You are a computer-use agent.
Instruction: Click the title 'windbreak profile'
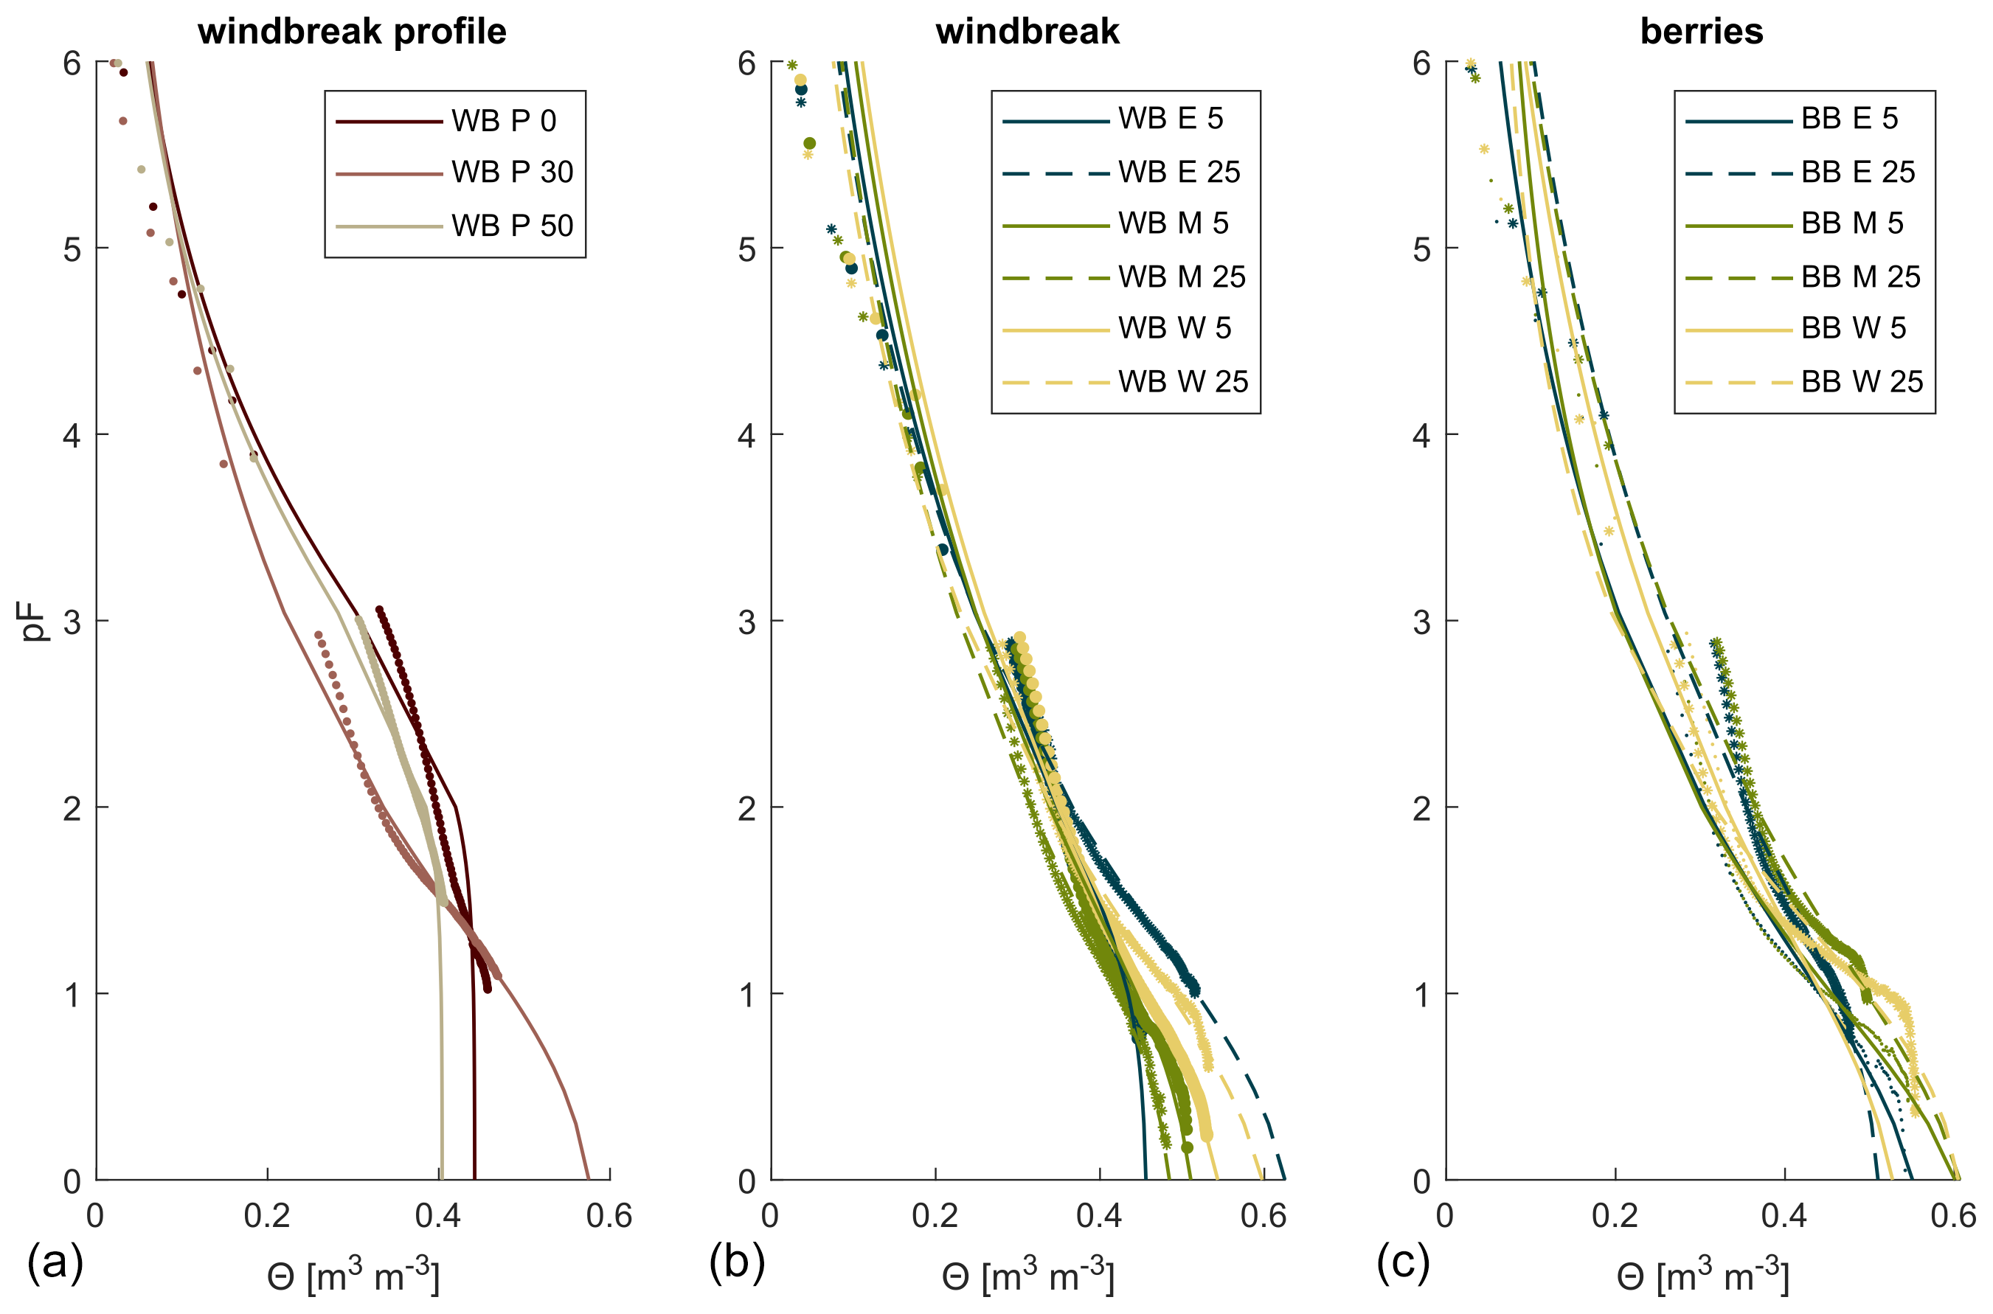coord(352,32)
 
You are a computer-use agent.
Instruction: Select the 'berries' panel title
coord(1702,32)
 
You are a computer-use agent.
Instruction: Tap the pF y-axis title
coord(33,621)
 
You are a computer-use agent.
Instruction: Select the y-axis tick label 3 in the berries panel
coord(1421,622)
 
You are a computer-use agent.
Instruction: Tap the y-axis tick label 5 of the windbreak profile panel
coord(72,250)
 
